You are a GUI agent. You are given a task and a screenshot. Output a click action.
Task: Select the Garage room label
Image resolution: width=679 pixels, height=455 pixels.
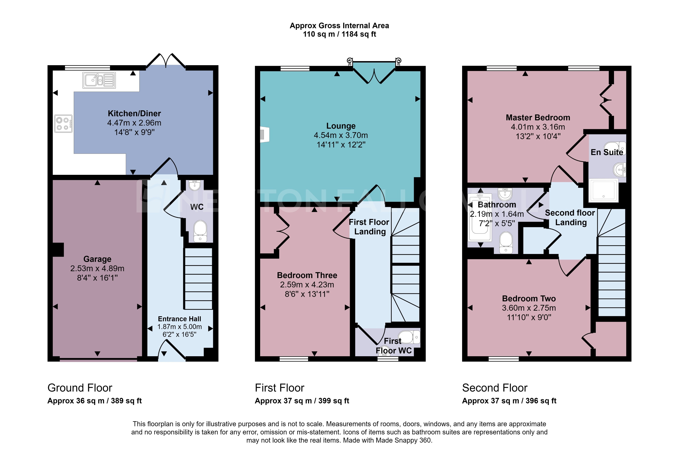click(x=97, y=259)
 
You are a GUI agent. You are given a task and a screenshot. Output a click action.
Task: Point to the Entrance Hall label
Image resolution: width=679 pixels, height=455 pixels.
click(x=179, y=319)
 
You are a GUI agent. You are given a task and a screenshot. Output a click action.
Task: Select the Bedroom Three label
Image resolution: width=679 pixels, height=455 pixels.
click(x=307, y=275)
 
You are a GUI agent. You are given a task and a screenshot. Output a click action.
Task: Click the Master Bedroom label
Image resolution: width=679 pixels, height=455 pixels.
click(x=538, y=118)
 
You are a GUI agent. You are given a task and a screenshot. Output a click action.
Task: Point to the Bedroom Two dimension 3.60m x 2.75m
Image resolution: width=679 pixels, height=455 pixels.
click(x=529, y=308)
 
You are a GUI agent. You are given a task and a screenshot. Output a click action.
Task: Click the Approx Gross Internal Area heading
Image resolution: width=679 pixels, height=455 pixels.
click(x=339, y=26)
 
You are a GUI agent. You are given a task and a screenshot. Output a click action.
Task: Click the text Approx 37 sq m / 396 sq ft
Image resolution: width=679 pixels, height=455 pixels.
click(x=509, y=401)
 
